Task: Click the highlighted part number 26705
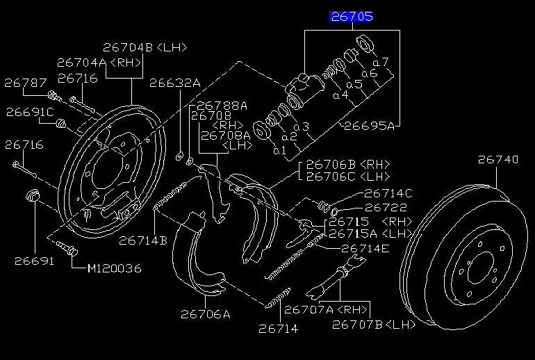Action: point(352,17)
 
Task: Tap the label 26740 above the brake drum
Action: point(497,159)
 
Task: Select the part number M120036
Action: point(115,268)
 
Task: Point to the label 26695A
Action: point(369,126)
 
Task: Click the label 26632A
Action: point(175,83)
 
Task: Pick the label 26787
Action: point(25,83)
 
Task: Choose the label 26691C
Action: point(30,112)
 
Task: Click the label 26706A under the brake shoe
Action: point(206,314)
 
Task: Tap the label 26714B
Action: point(143,240)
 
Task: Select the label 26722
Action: point(386,208)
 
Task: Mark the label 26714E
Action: point(365,248)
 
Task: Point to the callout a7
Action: point(381,62)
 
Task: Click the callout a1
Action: point(280,151)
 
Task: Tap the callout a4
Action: point(340,95)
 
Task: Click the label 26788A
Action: point(222,106)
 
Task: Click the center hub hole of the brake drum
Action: point(481,267)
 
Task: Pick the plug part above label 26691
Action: point(33,195)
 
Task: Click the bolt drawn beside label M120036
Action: point(67,248)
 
